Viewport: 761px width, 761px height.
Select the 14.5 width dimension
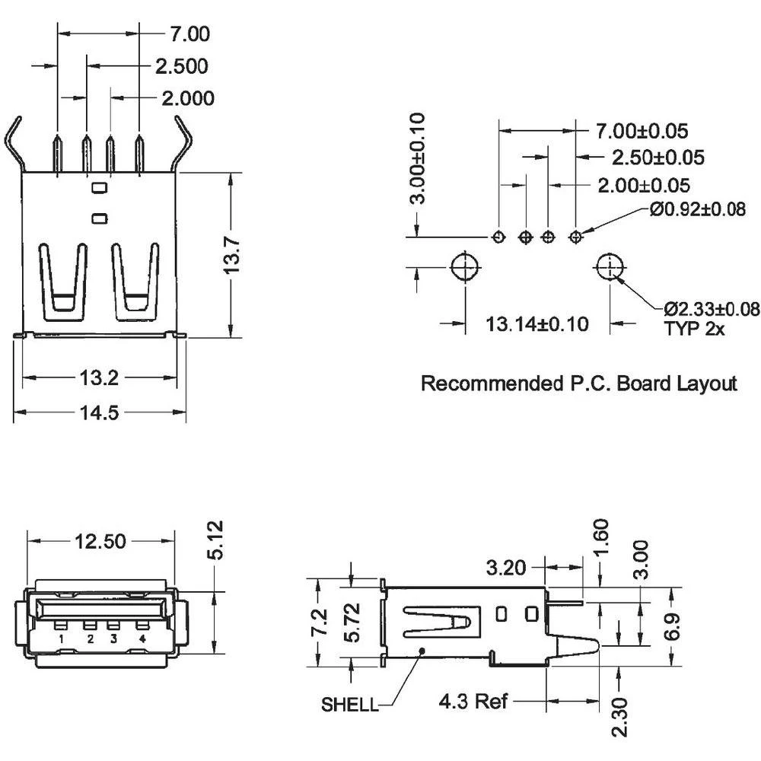(x=99, y=412)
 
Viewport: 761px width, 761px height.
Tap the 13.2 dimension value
(x=99, y=377)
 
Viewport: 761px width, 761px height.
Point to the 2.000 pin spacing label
(x=187, y=98)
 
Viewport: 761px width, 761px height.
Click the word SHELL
(x=349, y=705)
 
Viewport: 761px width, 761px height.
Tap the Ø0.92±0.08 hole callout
(x=697, y=210)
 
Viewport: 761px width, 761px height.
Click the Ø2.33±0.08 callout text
(x=711, y=308)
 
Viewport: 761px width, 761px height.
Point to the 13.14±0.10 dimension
(x=537, y=324)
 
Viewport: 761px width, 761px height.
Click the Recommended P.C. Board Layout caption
(x=578, y=384)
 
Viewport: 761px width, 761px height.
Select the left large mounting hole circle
(x=463, y=268)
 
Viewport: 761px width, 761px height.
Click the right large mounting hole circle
(x=610, y=268)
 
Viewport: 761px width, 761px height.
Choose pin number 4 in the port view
(x=142, y=638)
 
